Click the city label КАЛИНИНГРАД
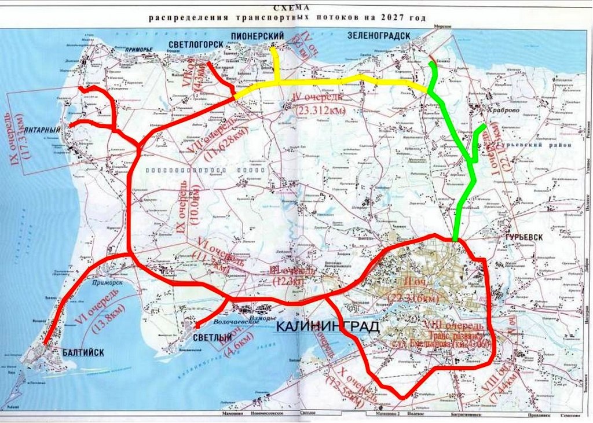(x=328, y=327)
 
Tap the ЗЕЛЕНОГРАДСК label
(x=379, y=36)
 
